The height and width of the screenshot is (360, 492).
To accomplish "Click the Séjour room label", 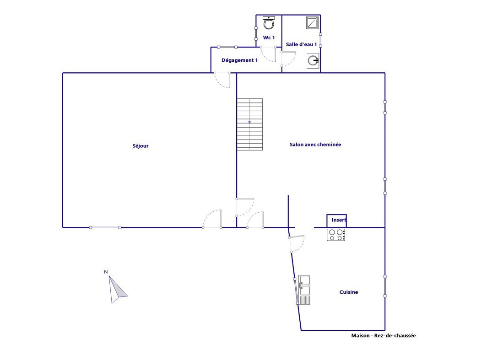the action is point(140,146).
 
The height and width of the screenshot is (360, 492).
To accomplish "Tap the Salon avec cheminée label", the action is point(315,145).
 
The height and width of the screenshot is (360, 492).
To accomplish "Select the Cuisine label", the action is point(349,292).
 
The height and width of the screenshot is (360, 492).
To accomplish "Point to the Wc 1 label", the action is point(269,38).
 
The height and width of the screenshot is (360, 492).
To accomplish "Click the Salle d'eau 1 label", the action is point(301,44).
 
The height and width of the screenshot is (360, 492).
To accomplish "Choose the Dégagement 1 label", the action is point(239,60).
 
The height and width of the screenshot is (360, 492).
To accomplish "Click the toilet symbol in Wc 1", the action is point(269,22).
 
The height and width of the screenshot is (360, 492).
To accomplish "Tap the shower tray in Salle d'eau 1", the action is point(313,22).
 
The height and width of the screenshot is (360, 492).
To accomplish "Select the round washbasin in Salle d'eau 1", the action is point(313,60).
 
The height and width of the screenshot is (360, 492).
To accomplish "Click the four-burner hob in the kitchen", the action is point(336,235).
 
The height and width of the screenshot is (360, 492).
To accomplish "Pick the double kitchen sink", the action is point(304,290).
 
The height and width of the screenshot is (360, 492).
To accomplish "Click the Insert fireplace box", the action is point(337,221).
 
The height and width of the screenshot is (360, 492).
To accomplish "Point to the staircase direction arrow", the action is point(250,122).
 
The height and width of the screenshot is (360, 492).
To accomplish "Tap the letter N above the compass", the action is point(106,272).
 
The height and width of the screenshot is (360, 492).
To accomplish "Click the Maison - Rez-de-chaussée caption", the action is point(384,336).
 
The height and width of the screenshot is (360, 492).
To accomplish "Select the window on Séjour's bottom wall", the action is point(105,227).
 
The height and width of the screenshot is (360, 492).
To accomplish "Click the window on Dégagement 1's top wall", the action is point(227,47).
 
